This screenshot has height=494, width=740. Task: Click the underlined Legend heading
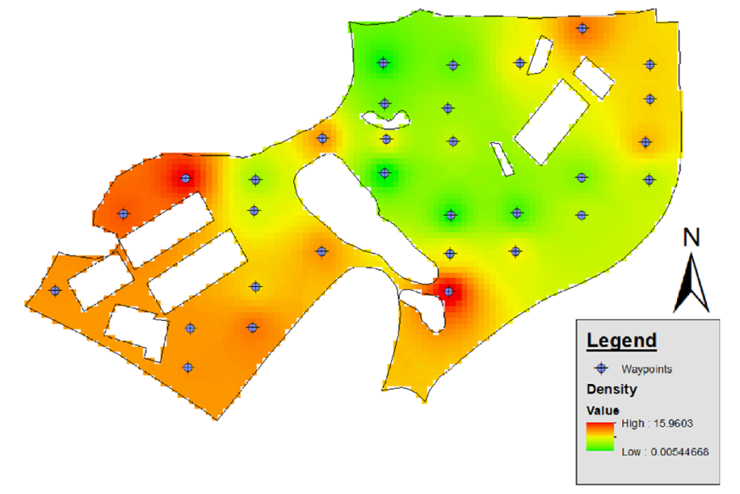621,340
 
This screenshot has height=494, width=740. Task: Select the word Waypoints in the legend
647,369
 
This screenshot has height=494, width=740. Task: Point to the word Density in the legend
611,390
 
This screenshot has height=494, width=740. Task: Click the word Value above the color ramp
601,409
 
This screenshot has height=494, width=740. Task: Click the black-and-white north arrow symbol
692,282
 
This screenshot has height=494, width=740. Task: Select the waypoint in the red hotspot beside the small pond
449,292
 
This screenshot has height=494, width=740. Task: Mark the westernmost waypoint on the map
55,290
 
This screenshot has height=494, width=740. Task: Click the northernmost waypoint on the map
582,29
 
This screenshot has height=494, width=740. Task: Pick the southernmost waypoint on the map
188,367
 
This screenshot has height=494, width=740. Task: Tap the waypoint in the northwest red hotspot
186,178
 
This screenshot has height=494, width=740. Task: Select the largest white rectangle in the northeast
554,122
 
